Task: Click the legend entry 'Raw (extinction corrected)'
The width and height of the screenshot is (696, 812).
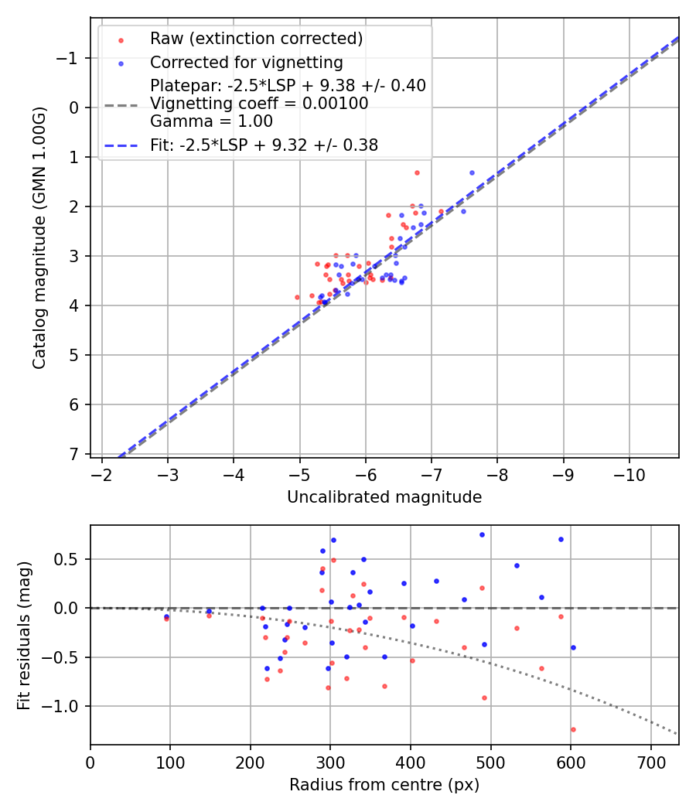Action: [256, 39]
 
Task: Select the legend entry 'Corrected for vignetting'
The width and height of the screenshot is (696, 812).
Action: [246, 63]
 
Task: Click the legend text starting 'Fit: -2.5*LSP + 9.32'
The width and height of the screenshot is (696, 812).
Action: [264, 145]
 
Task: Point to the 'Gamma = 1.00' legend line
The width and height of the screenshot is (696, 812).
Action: [211, 121]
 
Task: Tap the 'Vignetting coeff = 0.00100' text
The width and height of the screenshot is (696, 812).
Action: [259, 104]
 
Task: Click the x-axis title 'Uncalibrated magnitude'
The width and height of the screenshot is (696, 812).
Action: [384, 497]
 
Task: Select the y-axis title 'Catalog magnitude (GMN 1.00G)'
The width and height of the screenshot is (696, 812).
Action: [39, 238]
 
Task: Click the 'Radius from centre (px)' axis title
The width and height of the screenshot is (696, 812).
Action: [384, 785]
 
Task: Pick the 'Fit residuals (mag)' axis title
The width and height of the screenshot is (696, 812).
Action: [24, 636]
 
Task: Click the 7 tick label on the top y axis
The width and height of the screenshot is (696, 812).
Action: [74, 454]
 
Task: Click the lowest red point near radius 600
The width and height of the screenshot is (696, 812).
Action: [573, 729]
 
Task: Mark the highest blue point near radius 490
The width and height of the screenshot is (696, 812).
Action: [482, 534]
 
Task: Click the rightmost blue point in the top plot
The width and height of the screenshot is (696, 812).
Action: [472, 172]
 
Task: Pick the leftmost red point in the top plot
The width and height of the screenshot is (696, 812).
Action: [297, 297]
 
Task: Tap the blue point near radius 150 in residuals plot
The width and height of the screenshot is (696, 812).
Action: [209, 611]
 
